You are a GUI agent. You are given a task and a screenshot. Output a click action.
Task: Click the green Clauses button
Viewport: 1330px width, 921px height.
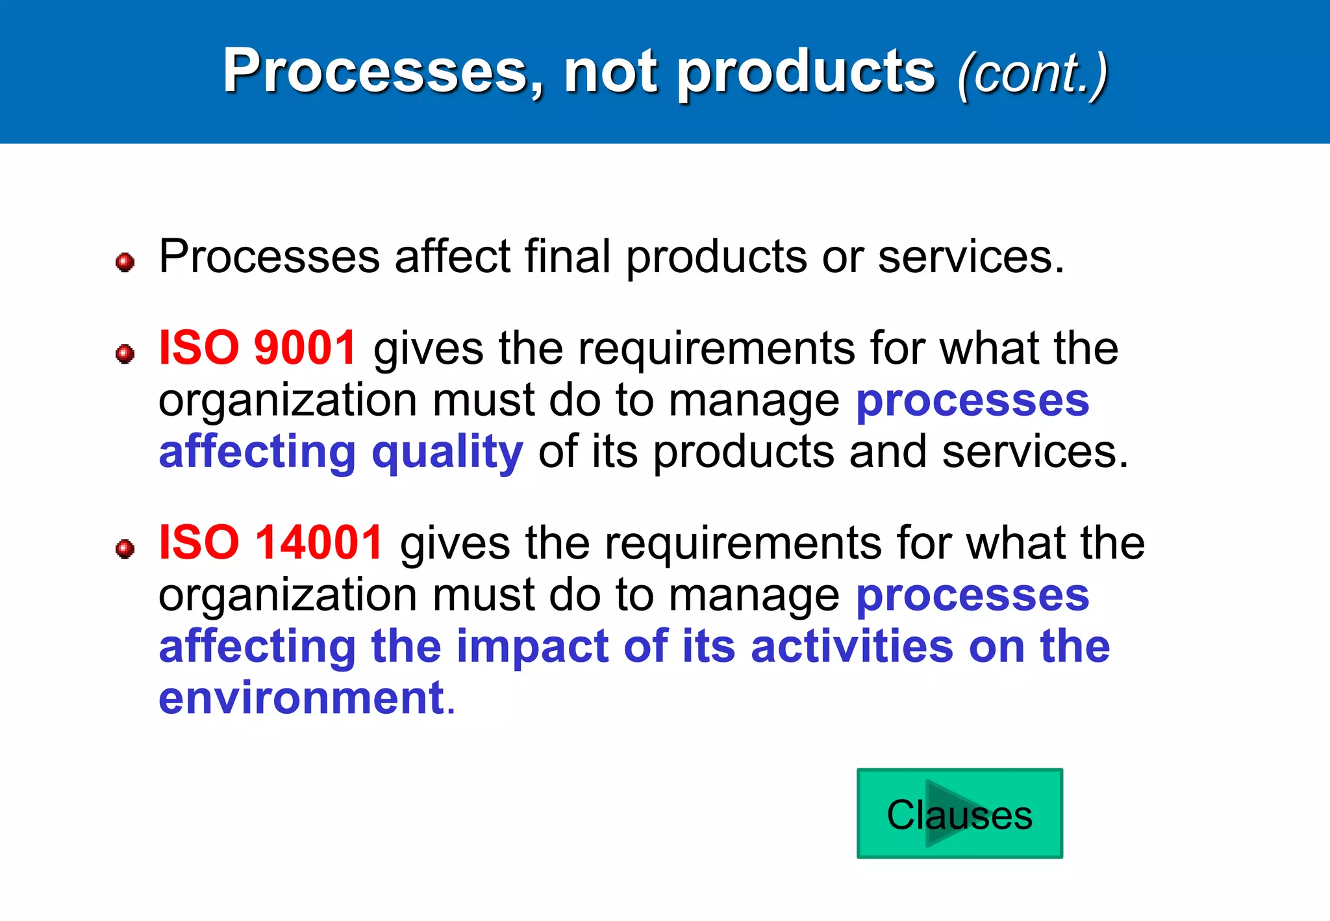(959, 813)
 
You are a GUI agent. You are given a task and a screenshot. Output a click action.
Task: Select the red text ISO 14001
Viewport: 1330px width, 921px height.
(271, 542)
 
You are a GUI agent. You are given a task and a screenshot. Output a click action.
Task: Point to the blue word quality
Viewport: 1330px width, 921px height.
(447, 452)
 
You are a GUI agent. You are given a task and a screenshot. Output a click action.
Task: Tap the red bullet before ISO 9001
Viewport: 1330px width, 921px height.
(125, 354)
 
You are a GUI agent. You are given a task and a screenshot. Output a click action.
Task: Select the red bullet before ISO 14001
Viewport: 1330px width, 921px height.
(125, 549)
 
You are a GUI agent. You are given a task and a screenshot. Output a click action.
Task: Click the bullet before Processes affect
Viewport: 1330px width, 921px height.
(125, 262)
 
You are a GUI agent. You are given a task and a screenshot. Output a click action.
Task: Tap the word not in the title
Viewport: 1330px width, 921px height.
(610, 71)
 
